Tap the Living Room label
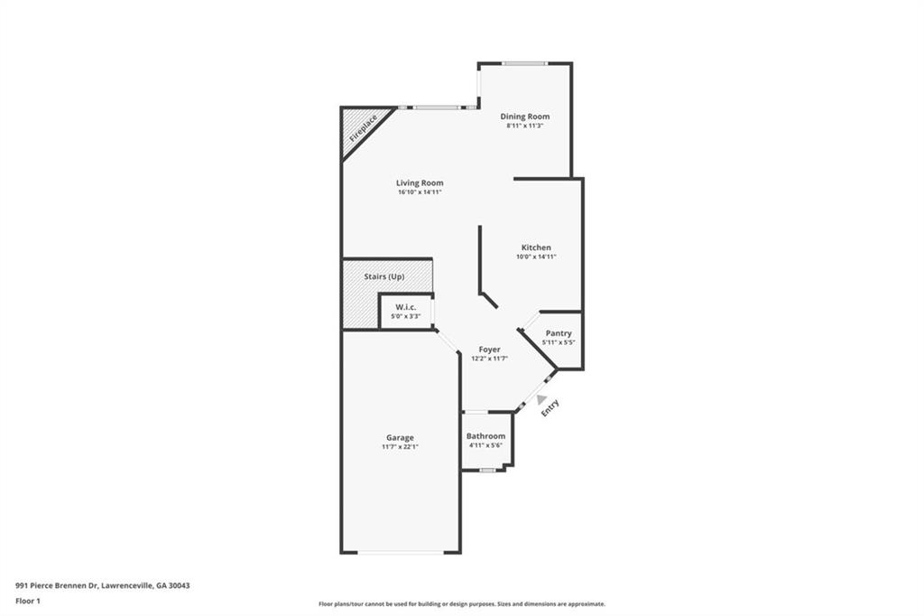[x=420, y=183]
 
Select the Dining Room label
[x=525, y=117]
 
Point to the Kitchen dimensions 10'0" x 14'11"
[x=536, y=257]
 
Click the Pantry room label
[x=559, y=333]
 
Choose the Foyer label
[x=489, y=350]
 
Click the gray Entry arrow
[x=541, y=398]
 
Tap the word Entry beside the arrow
[x=550, y=408]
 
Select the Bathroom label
[x=485, y=436]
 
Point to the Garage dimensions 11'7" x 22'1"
[x=401, y=446]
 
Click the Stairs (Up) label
[x=383, y=276]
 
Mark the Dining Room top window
[x=524, y=63]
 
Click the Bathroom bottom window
[x=487, y=470]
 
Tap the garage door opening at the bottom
[x=401, y=552]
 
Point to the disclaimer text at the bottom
[x=461, y=604]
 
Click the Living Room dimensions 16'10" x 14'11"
[x=420, y=192]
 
